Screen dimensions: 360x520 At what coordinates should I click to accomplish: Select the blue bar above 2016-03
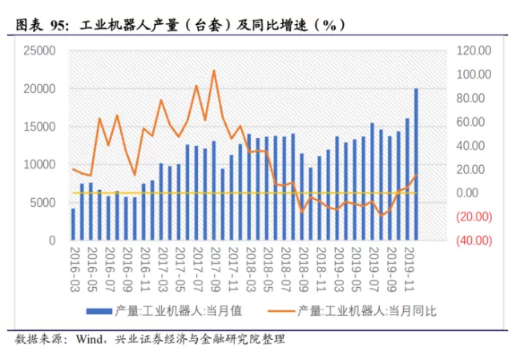pos(73,224)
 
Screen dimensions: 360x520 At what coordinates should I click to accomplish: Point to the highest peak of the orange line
pos(213,71)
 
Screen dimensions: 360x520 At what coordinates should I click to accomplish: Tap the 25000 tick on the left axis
pos(38,51)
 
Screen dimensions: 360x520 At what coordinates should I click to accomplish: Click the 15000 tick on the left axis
pos(38,127)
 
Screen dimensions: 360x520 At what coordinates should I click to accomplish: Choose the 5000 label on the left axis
pos(42,202)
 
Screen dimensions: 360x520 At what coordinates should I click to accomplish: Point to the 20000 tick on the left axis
pos(38,88)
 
